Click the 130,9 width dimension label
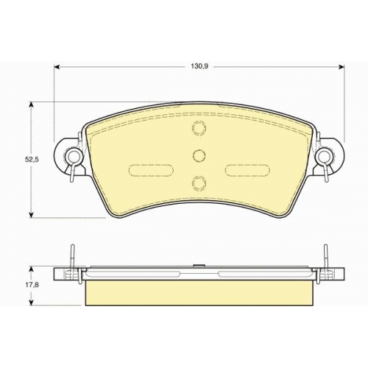pos(199,66)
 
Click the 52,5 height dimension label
pos(32,160)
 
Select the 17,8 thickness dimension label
pos(32,286)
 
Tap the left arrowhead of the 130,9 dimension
pos(57,67)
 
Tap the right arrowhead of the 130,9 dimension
pos(342,67)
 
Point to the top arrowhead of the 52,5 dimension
pos(31,105)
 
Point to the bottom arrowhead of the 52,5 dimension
pos(31,214)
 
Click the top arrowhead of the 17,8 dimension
pos(31,271)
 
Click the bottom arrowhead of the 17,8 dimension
pos(31,302)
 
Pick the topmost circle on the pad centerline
pos(199,127)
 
